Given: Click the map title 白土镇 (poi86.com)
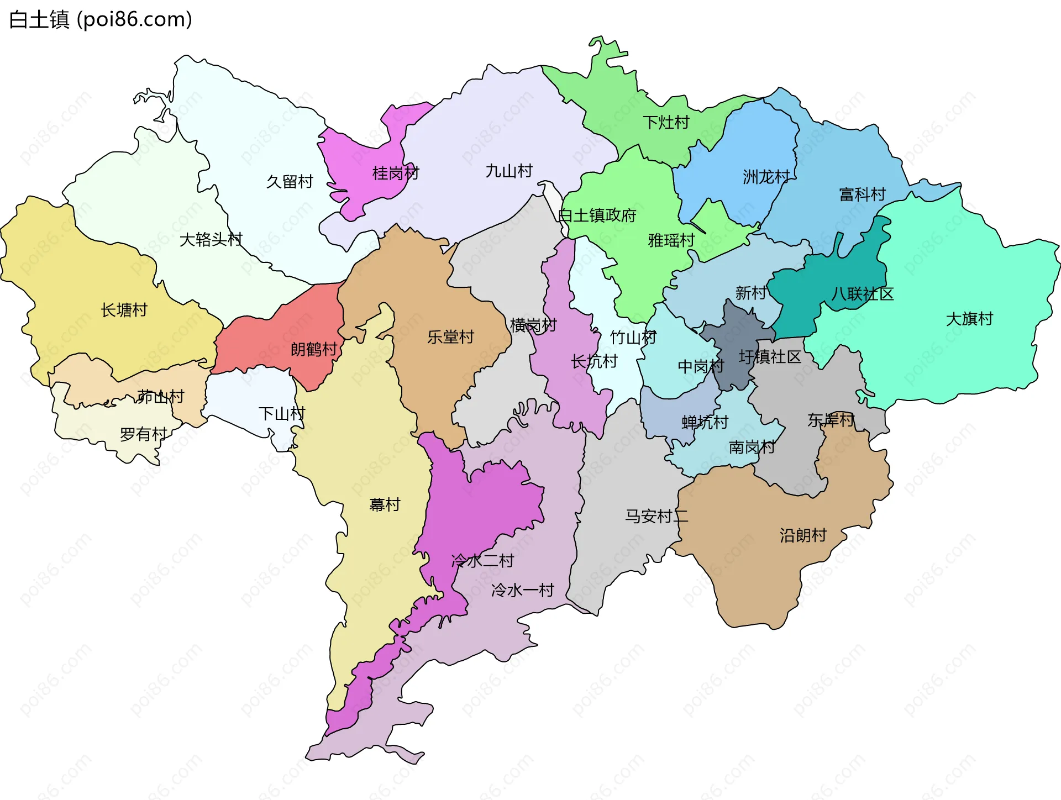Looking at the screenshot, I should pos(101,20).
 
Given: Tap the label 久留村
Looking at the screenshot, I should pos(290,182).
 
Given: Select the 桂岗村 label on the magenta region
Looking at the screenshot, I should pos(396,173).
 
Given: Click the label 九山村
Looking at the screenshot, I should pos(509,171).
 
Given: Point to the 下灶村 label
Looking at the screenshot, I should pos(666,123).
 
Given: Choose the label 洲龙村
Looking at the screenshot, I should pos(766,177).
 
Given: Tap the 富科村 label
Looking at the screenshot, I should pos(862,194).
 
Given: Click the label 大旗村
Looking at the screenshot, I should pos(969,319).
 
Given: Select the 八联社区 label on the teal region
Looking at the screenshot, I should pos(862,294).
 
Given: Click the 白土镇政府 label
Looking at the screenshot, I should pos(597,215).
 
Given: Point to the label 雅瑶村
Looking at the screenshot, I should pos(671,241).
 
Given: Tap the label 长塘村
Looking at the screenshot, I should pos(124,310).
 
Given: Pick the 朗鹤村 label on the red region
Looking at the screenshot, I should pos(313,349).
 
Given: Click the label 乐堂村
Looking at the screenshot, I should pos(450,337).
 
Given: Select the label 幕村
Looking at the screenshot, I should pos(385,505).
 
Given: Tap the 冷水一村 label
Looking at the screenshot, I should pos(522,591).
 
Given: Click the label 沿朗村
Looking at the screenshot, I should pos(803,535).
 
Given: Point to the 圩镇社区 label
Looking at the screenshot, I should pos(770,357).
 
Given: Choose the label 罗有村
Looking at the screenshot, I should pos(143,435).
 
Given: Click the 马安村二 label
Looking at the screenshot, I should pos(656,517).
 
